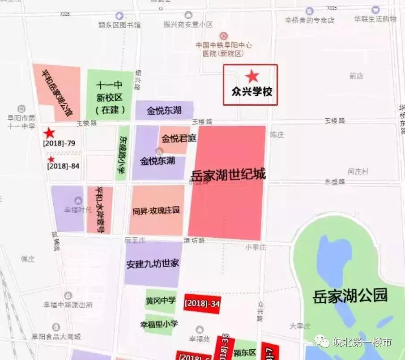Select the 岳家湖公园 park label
[350, 296]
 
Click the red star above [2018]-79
[49, 133]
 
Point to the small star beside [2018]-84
[51, 159]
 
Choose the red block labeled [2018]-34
[202, 304]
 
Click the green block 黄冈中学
[161, 301]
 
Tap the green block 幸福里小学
[159, 323]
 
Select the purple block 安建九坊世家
[153, 264]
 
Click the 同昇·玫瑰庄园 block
[156, 210]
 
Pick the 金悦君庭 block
[179, 138]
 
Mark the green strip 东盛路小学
[122, 153]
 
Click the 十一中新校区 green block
[110, 94]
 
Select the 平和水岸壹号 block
[100, 210]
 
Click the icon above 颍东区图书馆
[119, 16]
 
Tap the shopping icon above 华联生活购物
[375, 9]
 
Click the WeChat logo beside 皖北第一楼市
[323, 342]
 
